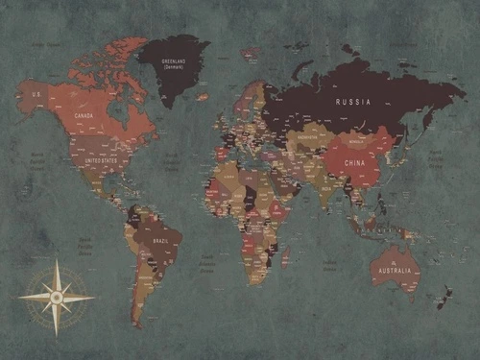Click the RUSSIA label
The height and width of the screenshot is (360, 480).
point(352,101)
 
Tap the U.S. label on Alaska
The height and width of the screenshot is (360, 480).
point(36,95)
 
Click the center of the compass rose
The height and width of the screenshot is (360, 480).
point(56,298)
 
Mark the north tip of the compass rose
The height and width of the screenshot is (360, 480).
point(56,261)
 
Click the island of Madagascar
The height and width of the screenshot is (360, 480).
point(285,256)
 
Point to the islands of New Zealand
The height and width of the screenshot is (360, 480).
point(444,295)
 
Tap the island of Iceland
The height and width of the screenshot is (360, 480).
point(203,96)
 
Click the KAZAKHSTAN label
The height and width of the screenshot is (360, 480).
point(311,137)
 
